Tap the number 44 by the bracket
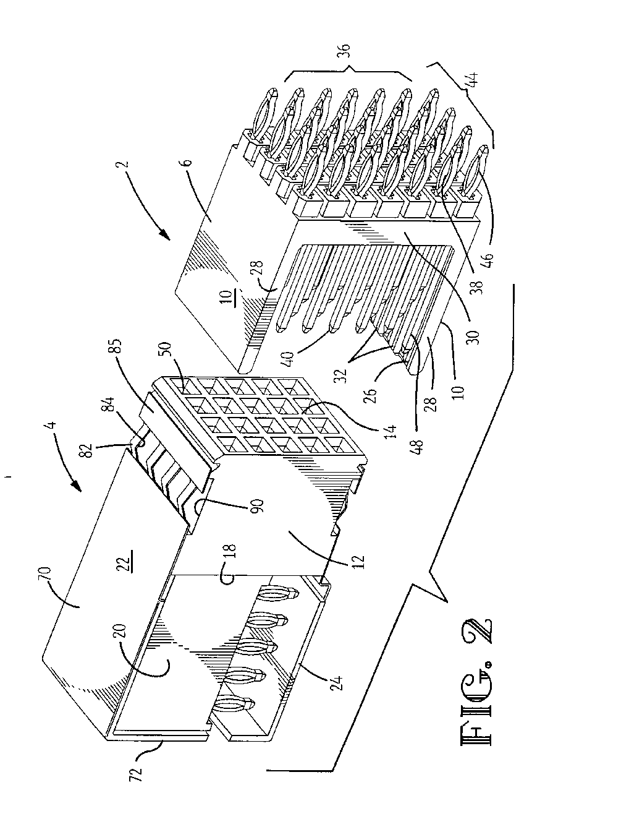click(473, 79)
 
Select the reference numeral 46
click(490, 260)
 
